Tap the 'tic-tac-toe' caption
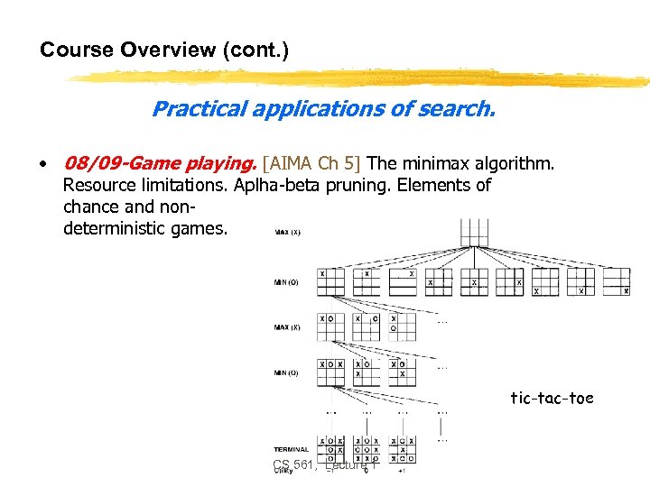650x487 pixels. click(552, 398)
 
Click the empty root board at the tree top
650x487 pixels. click(474, 232)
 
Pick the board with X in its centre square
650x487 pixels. click(474, 281)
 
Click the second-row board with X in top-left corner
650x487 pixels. click(330, 281)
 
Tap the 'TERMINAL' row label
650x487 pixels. click(290, 449)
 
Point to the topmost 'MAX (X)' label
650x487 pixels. click(288, 232)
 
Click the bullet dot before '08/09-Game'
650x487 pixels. click(43, 164)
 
